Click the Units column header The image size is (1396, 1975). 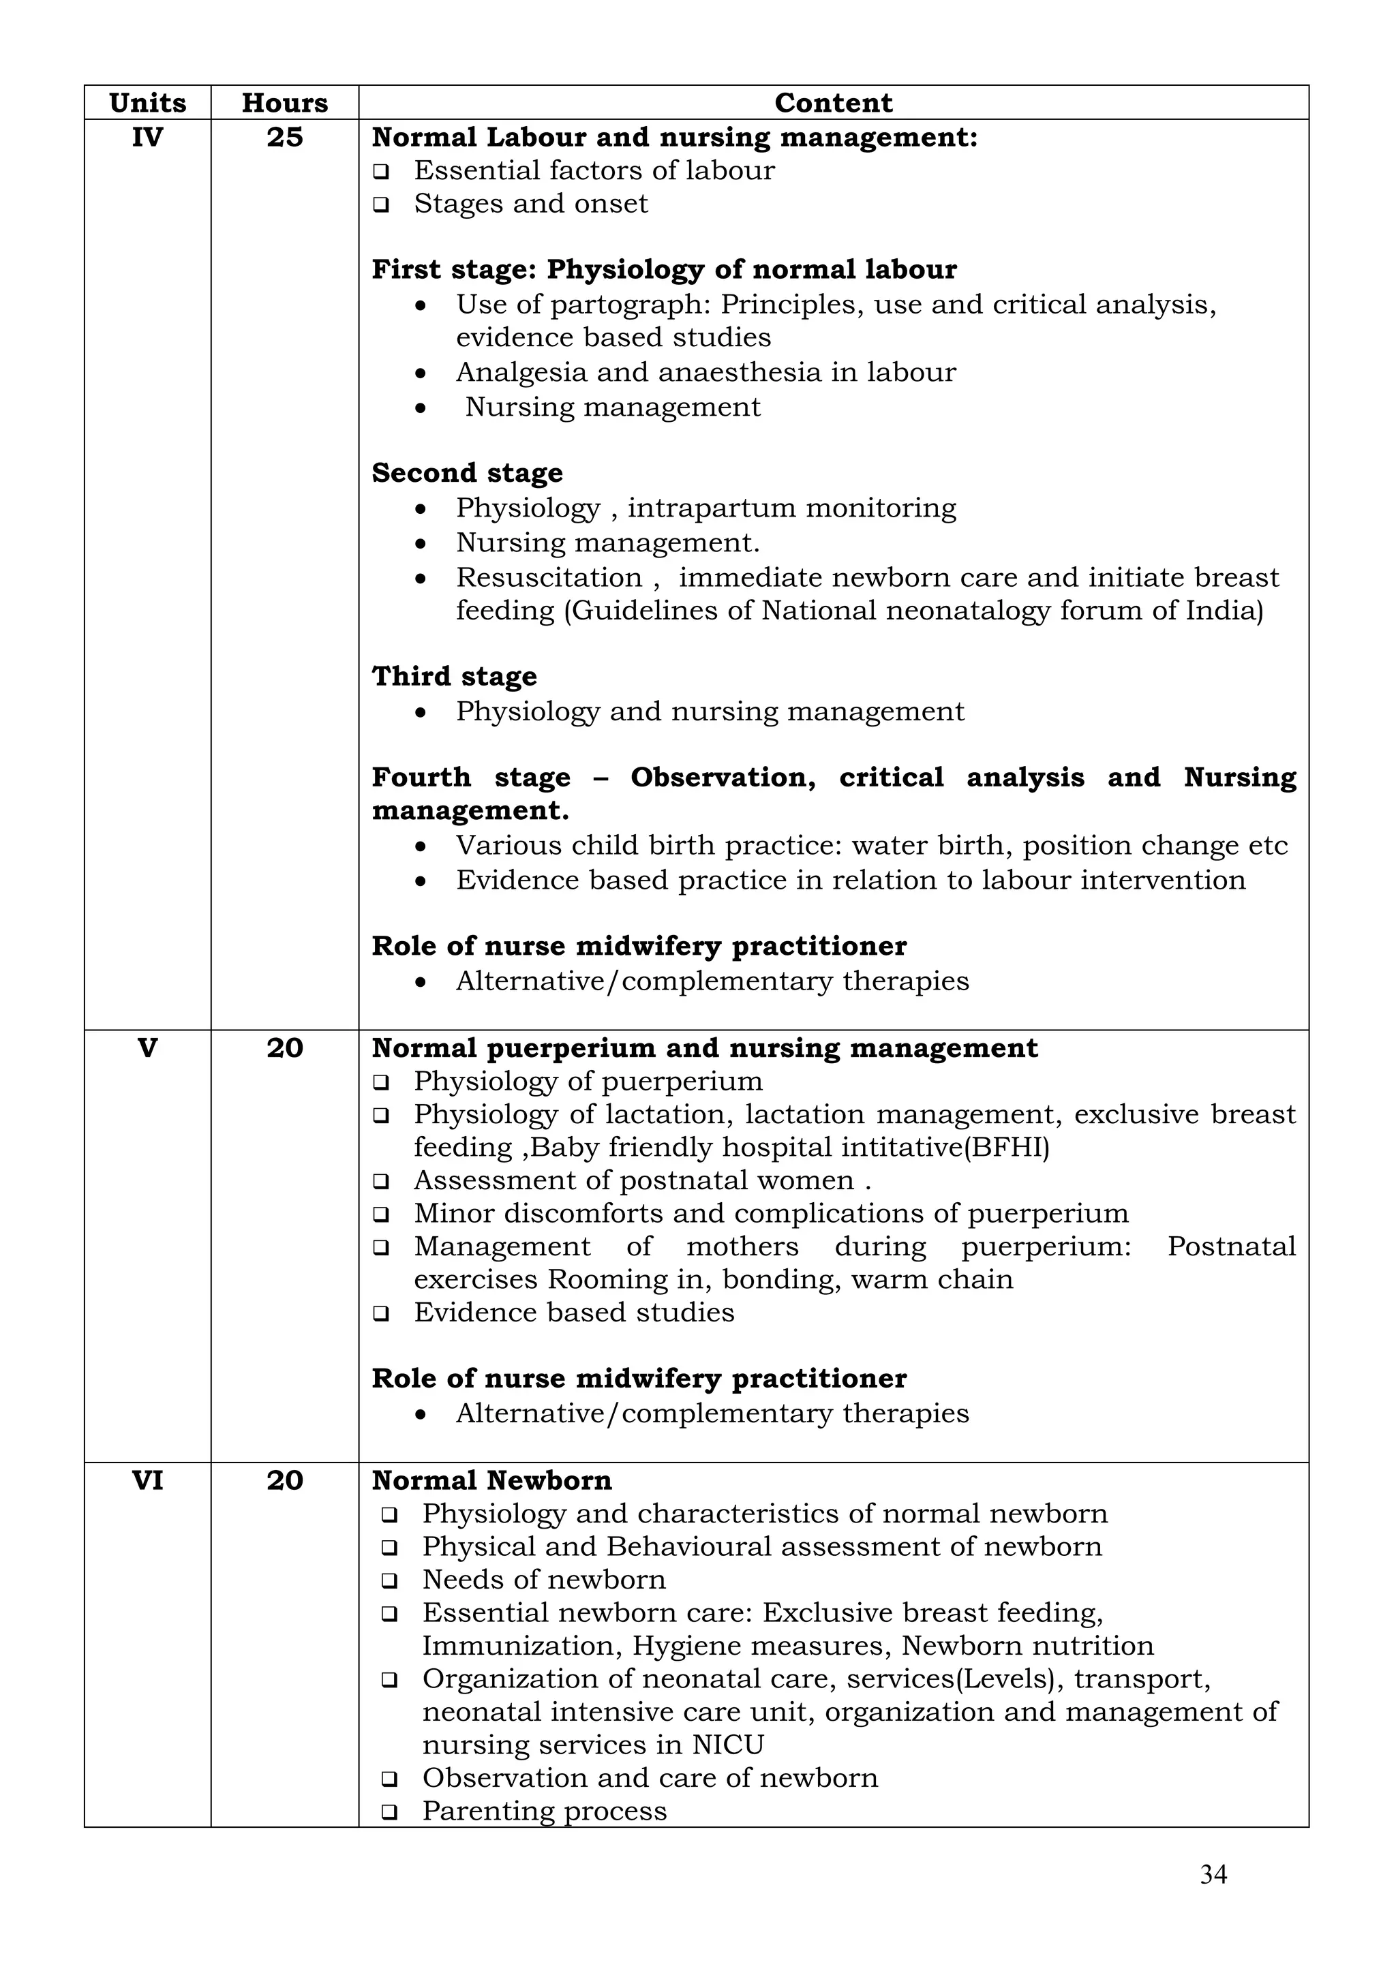pos(147,103)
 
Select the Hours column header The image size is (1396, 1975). pos(285,103)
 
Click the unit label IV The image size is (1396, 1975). pos(147,138)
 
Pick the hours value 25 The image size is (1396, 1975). pos(285,138)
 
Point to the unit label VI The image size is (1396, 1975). pos(147,1480)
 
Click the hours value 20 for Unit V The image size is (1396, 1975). pos(285,1047)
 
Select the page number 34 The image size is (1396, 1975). pos(1213,1874)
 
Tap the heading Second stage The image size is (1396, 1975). pos(467,473)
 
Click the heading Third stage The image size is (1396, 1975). pos(454,676)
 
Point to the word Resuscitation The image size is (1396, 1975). pos(549,577)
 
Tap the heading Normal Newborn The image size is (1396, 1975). pos(491,1480)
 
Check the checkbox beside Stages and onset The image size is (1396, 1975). pos(381,204)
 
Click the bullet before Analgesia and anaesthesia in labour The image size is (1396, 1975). pos(420,373)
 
